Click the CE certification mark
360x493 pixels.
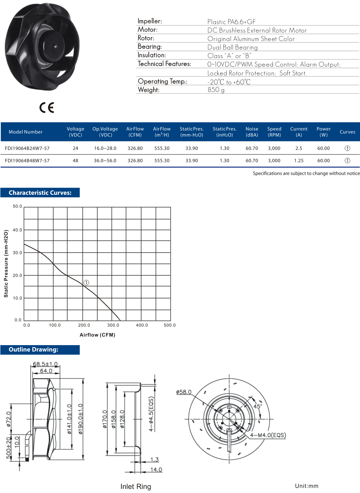click(x=47, y=108)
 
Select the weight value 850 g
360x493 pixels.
click(x=216, y=90)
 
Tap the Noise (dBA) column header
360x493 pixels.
click(x=252, y=132)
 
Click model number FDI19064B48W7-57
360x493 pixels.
click(x=27, y=161)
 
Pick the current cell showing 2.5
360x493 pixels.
click(x=299, y=148)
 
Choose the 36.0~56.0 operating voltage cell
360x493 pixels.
click(x=105, y=161)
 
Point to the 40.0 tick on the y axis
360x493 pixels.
click(x=17, y=230)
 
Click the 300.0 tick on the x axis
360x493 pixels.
click(x=113, y=325)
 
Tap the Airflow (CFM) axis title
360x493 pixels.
click(x=97, y=335)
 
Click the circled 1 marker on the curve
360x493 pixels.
click(x=86, y=283)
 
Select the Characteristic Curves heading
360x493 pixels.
click(x=40, y=193)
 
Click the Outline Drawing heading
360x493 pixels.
click(x=33, y=350)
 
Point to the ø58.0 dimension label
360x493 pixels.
click(x=184, y=392)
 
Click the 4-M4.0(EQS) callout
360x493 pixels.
click(x=268, y=435)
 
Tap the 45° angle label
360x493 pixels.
click(x=257, y=406)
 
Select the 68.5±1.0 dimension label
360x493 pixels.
click(x=45, y=364)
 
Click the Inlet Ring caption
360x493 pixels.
click(x=136, y=486)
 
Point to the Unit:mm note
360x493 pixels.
click(x=307, y=486)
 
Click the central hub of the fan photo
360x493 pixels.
click(x=55, y=46)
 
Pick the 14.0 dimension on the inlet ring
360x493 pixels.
click(x=156, y=470)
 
